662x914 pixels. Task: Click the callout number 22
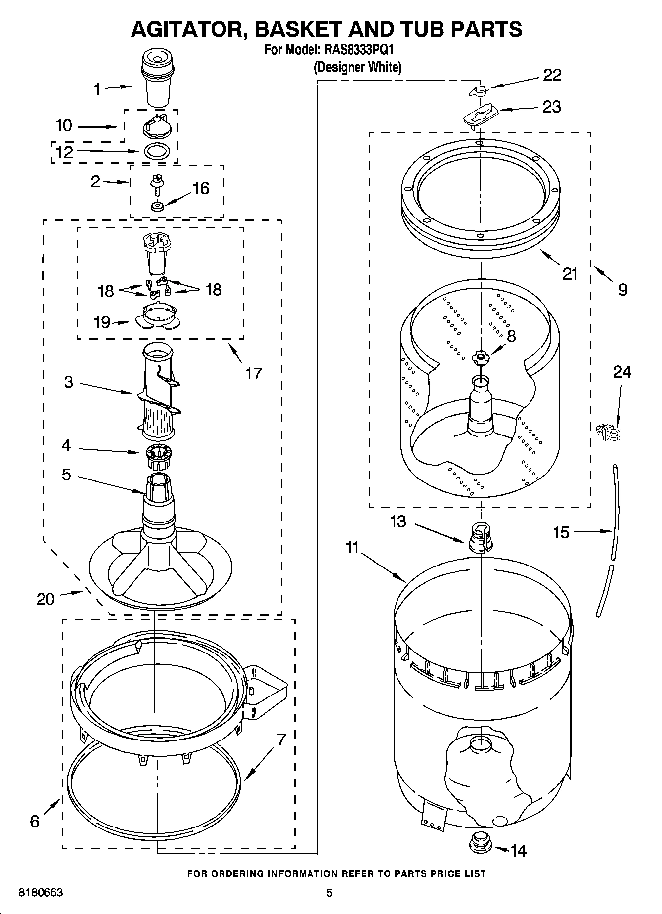point(552,75)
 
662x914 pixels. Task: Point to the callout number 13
point(397,521)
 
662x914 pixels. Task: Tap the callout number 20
point(45,599)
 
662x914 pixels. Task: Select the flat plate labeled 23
point(481,114)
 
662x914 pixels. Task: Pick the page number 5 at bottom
point(329,892)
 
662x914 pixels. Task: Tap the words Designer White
point(358,67)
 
